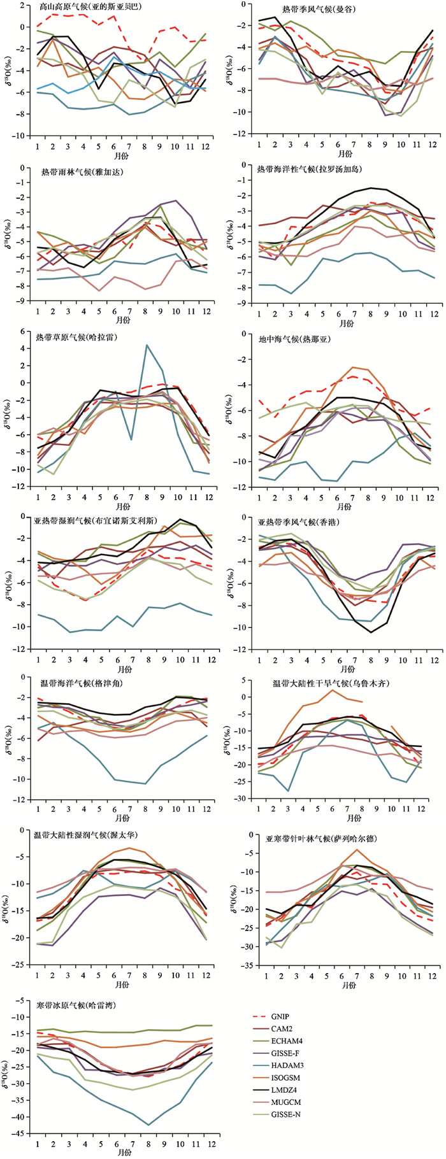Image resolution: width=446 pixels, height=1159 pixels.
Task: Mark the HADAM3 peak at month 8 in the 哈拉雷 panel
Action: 147,345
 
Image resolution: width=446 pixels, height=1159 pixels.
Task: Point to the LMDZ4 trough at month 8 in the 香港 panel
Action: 370,632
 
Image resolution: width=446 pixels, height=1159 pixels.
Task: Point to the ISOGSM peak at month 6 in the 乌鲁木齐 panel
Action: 331,690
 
